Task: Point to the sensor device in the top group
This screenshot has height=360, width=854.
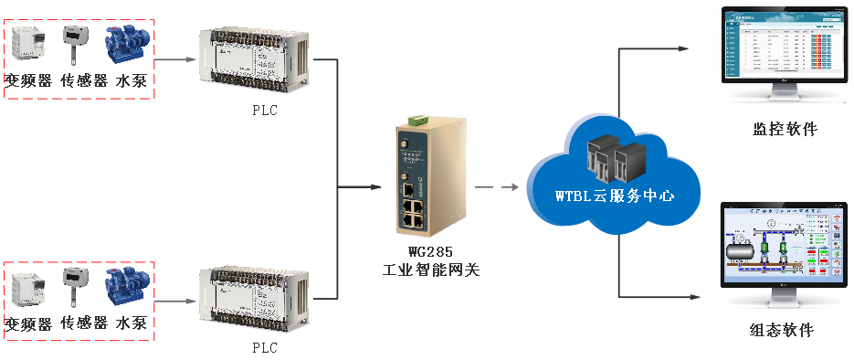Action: pos(74,45)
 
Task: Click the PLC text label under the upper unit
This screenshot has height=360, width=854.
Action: pos(264,111)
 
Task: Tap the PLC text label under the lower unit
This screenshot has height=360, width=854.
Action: pos(264,348)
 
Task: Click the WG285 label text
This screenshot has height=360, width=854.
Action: pos(430,252)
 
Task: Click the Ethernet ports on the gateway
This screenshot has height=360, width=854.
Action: pos(413,216)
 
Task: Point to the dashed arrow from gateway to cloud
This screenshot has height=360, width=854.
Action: pos(498,189)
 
